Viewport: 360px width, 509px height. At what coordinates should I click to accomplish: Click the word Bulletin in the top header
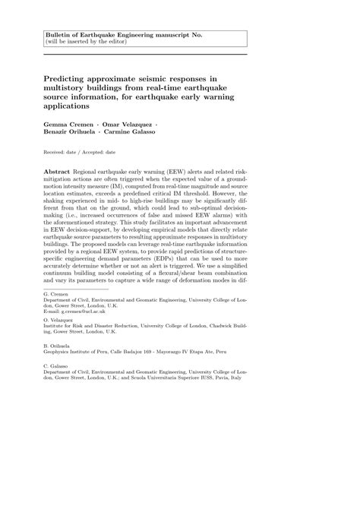tap(58, 36)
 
